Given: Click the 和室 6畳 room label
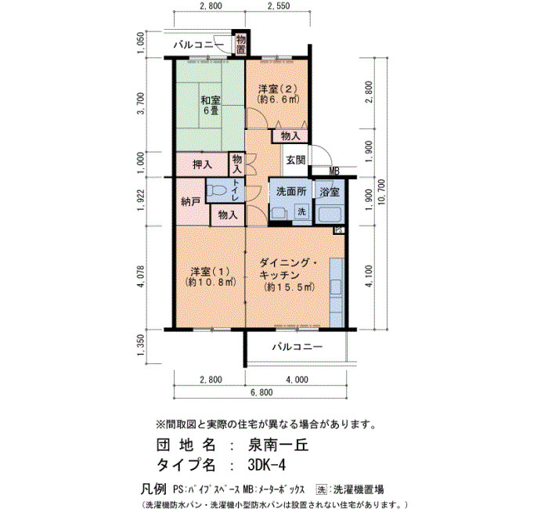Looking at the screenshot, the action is click(x=210, y=105).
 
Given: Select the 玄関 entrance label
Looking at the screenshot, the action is click(x=296, y=160).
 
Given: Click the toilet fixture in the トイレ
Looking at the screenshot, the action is click(x=216, y=191).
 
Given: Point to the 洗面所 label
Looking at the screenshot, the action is click(x=291, y=192).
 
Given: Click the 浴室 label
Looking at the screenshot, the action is click(x=330, y=192).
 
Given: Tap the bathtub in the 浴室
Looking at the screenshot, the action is click(x=329, y=214).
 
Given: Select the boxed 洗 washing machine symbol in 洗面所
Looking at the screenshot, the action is click(x=301, y=211).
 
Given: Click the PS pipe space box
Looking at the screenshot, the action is click(x=339, y=230).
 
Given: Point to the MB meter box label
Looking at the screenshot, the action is click(x=334, y=171).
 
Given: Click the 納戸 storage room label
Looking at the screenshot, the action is click(x=190, y=202).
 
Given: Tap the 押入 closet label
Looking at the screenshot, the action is click(x=202, y=164).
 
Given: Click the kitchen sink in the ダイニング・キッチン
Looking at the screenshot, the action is click(x=336, y=287).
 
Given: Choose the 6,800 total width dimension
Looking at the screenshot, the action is click(x=261, y=392).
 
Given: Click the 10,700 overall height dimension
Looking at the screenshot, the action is click(x=381, y=193).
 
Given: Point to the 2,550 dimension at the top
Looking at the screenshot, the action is click(x=278, y=6).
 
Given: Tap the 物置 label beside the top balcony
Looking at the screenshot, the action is click(x=240, y=44).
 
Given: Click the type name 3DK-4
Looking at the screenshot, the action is click(x=266, y=465).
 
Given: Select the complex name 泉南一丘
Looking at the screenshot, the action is click(x=278, y=446).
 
